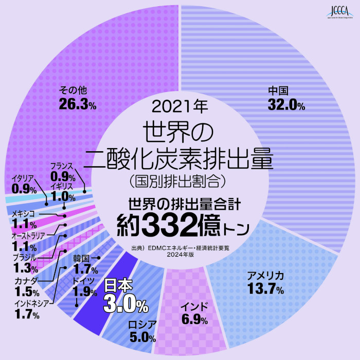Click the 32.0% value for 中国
[286, 105]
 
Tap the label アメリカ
[265, 277]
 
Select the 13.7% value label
[265, 290]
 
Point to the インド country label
[194, 307]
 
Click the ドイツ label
[84, 281]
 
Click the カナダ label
[26, 280]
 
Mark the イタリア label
[23, 178]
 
